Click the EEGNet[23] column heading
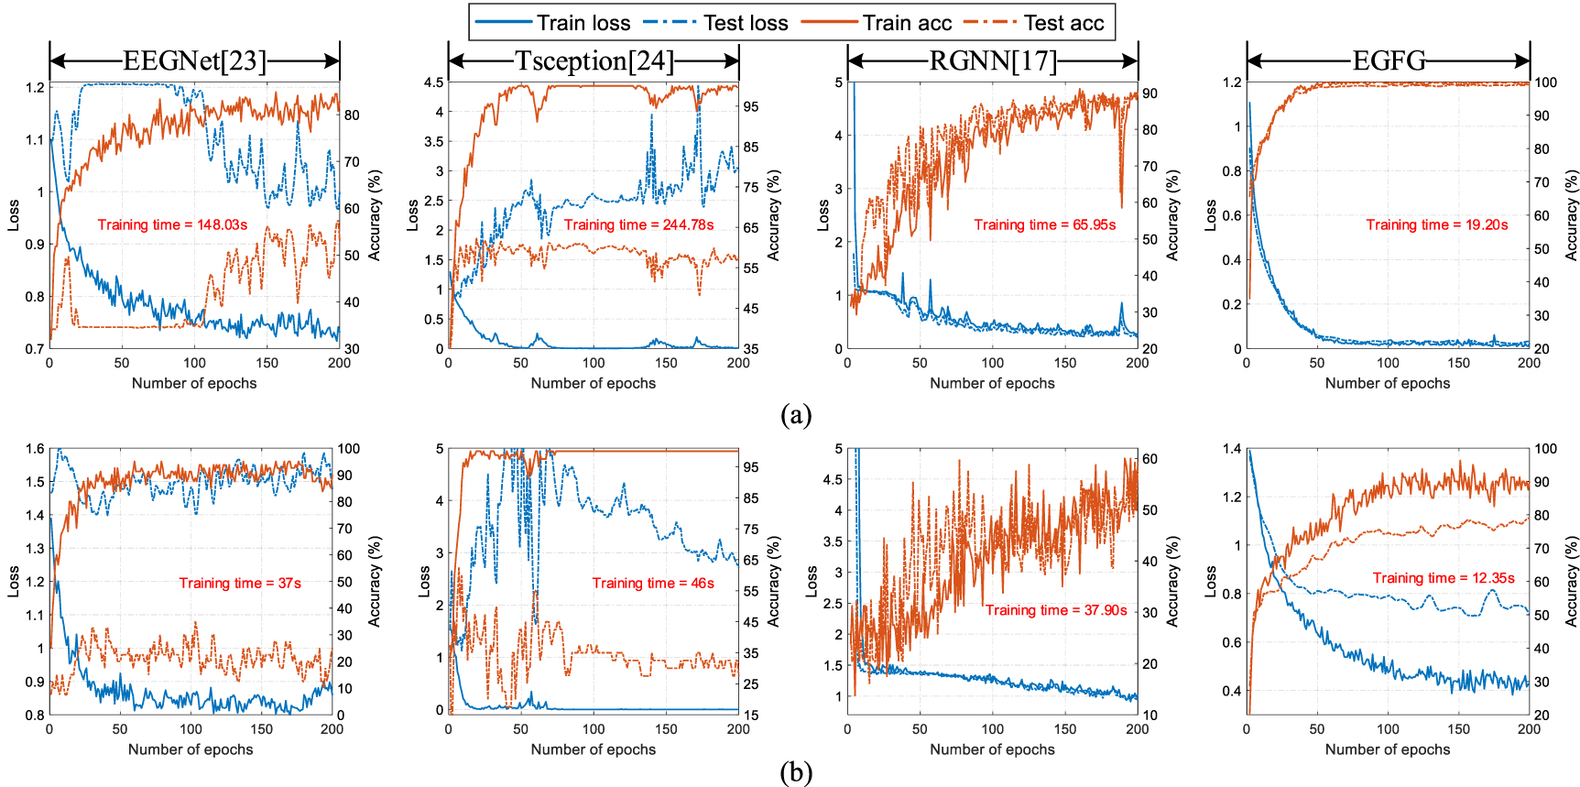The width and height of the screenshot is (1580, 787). tap(194, 61)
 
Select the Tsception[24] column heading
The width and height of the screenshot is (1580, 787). tap(594, 61)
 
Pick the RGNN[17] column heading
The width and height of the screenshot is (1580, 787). tap(993, 61)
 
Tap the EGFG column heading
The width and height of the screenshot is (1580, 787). tap(1389, 61)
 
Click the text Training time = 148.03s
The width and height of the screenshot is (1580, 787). tap(172, 224)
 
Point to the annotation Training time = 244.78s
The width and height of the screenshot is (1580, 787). tap(638, 224)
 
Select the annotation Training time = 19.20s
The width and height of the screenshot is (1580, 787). tap(1436, 224)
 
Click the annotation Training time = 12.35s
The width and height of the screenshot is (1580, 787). tap(1443, 578)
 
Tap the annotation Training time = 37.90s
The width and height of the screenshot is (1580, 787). tap(1055, 610)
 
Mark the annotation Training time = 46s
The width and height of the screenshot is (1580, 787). tap(652, 583)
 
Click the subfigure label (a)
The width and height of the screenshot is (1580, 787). tap(795, 415)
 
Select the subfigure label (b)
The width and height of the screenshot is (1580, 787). tap(795, 772)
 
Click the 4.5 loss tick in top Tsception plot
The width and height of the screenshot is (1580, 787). tap(433, 82)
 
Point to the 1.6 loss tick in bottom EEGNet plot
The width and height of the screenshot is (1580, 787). tap(35, 449)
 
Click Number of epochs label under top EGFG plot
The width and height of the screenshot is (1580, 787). tap(1387, 383)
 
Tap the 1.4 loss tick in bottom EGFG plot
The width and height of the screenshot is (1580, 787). tap(1232, 449)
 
